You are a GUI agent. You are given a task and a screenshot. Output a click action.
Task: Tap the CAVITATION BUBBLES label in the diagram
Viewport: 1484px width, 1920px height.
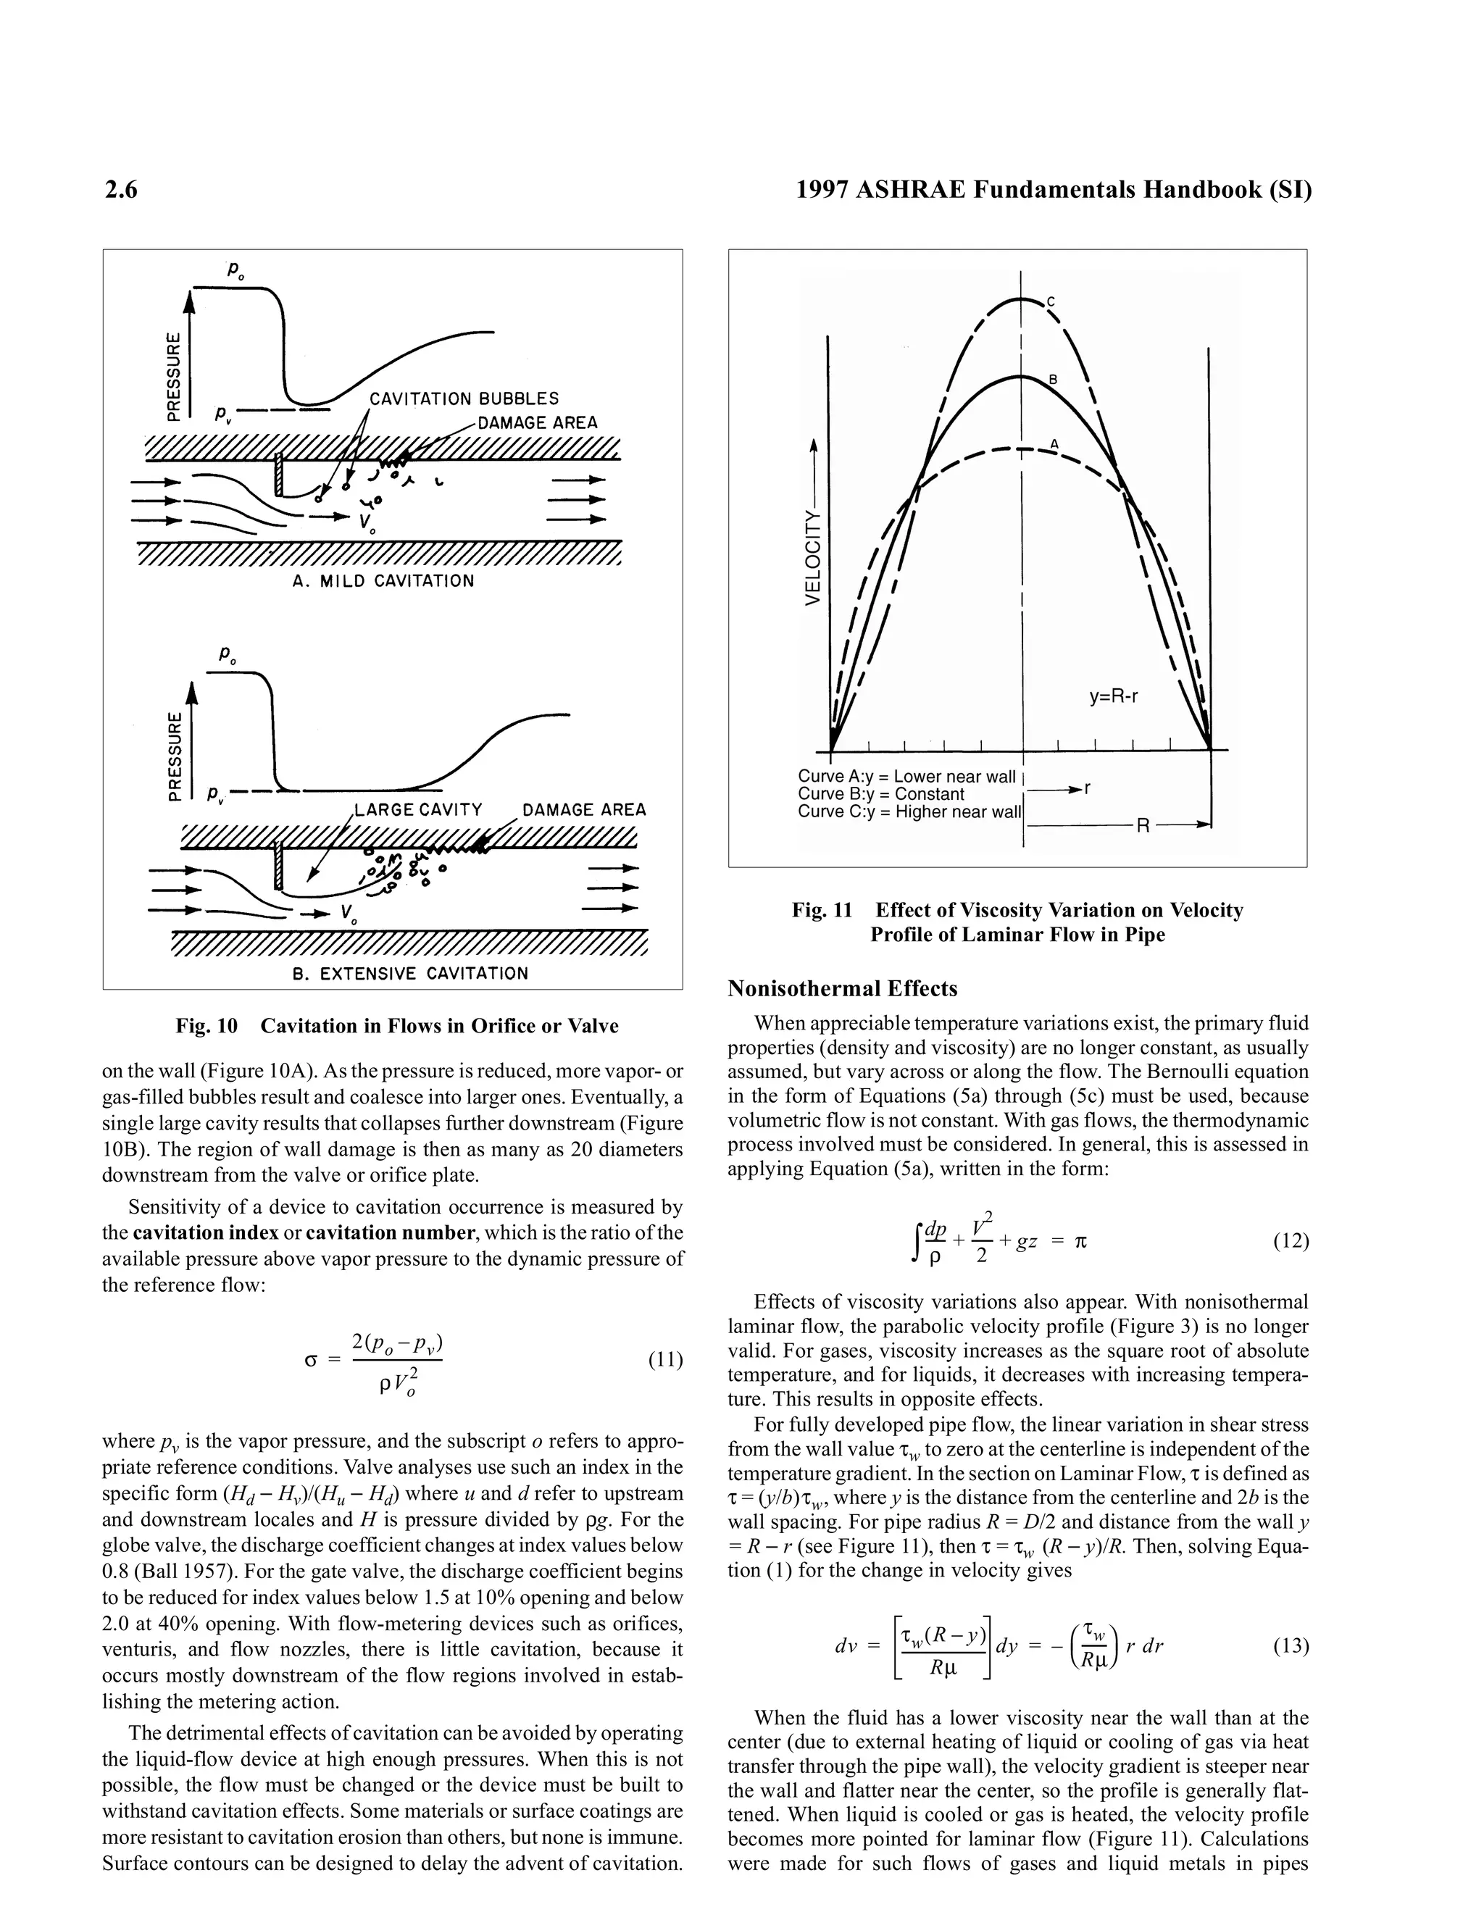point(463,399)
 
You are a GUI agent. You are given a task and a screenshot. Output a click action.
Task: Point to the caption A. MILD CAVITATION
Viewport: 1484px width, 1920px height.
point(383,581)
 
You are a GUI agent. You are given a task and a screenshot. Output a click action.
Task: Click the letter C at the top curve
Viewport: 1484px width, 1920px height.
point(1051,301)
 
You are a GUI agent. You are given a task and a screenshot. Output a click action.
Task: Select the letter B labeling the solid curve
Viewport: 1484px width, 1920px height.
point(1052,380)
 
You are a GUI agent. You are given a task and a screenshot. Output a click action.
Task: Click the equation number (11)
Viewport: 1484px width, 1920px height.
point(664,1360)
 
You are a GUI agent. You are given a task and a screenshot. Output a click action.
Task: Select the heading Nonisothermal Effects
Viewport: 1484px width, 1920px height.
point(842,989)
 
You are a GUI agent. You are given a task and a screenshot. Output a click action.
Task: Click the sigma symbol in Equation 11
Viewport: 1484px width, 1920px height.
point(309,1361)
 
